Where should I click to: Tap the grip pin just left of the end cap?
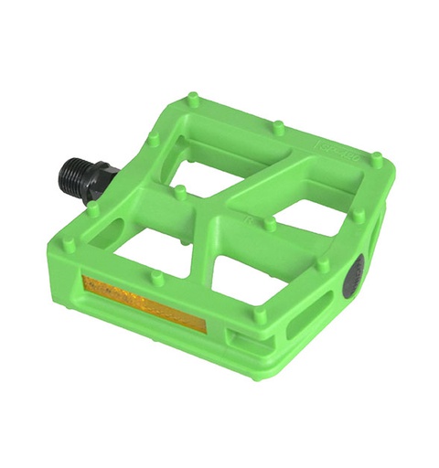click(x=323, y=265)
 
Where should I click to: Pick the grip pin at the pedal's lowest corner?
click(x=260, y=315)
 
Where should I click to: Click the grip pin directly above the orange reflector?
click(x=158, y=278)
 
